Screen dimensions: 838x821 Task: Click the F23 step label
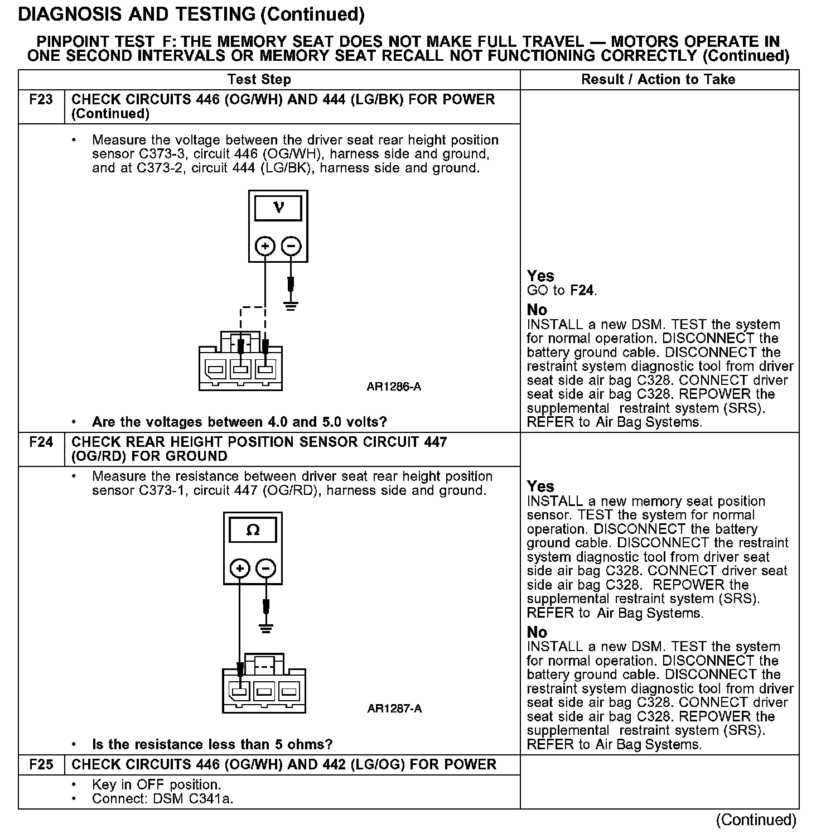41,100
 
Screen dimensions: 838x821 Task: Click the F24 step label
41,442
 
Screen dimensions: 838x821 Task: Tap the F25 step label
41,764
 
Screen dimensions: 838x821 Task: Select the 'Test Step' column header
259,79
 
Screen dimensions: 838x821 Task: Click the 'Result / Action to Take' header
658,79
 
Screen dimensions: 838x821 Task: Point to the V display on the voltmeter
278,208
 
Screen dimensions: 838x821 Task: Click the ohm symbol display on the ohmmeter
253,530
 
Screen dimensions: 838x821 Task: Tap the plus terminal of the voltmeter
265,246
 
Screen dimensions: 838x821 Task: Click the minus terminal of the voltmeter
291,246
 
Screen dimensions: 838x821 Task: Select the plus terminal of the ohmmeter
240,569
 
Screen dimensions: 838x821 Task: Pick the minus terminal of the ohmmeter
265,569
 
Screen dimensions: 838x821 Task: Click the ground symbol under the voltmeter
291,305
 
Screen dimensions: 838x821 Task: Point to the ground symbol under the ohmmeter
266,628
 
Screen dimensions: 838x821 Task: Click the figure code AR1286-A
394,386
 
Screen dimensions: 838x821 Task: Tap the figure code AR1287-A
394,709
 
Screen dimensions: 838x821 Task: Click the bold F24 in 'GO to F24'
582,290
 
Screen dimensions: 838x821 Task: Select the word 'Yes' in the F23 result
540,276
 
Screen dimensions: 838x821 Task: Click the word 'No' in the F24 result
537,632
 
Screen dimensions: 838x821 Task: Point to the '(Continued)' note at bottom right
756,819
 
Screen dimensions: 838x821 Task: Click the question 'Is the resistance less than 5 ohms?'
212,744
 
